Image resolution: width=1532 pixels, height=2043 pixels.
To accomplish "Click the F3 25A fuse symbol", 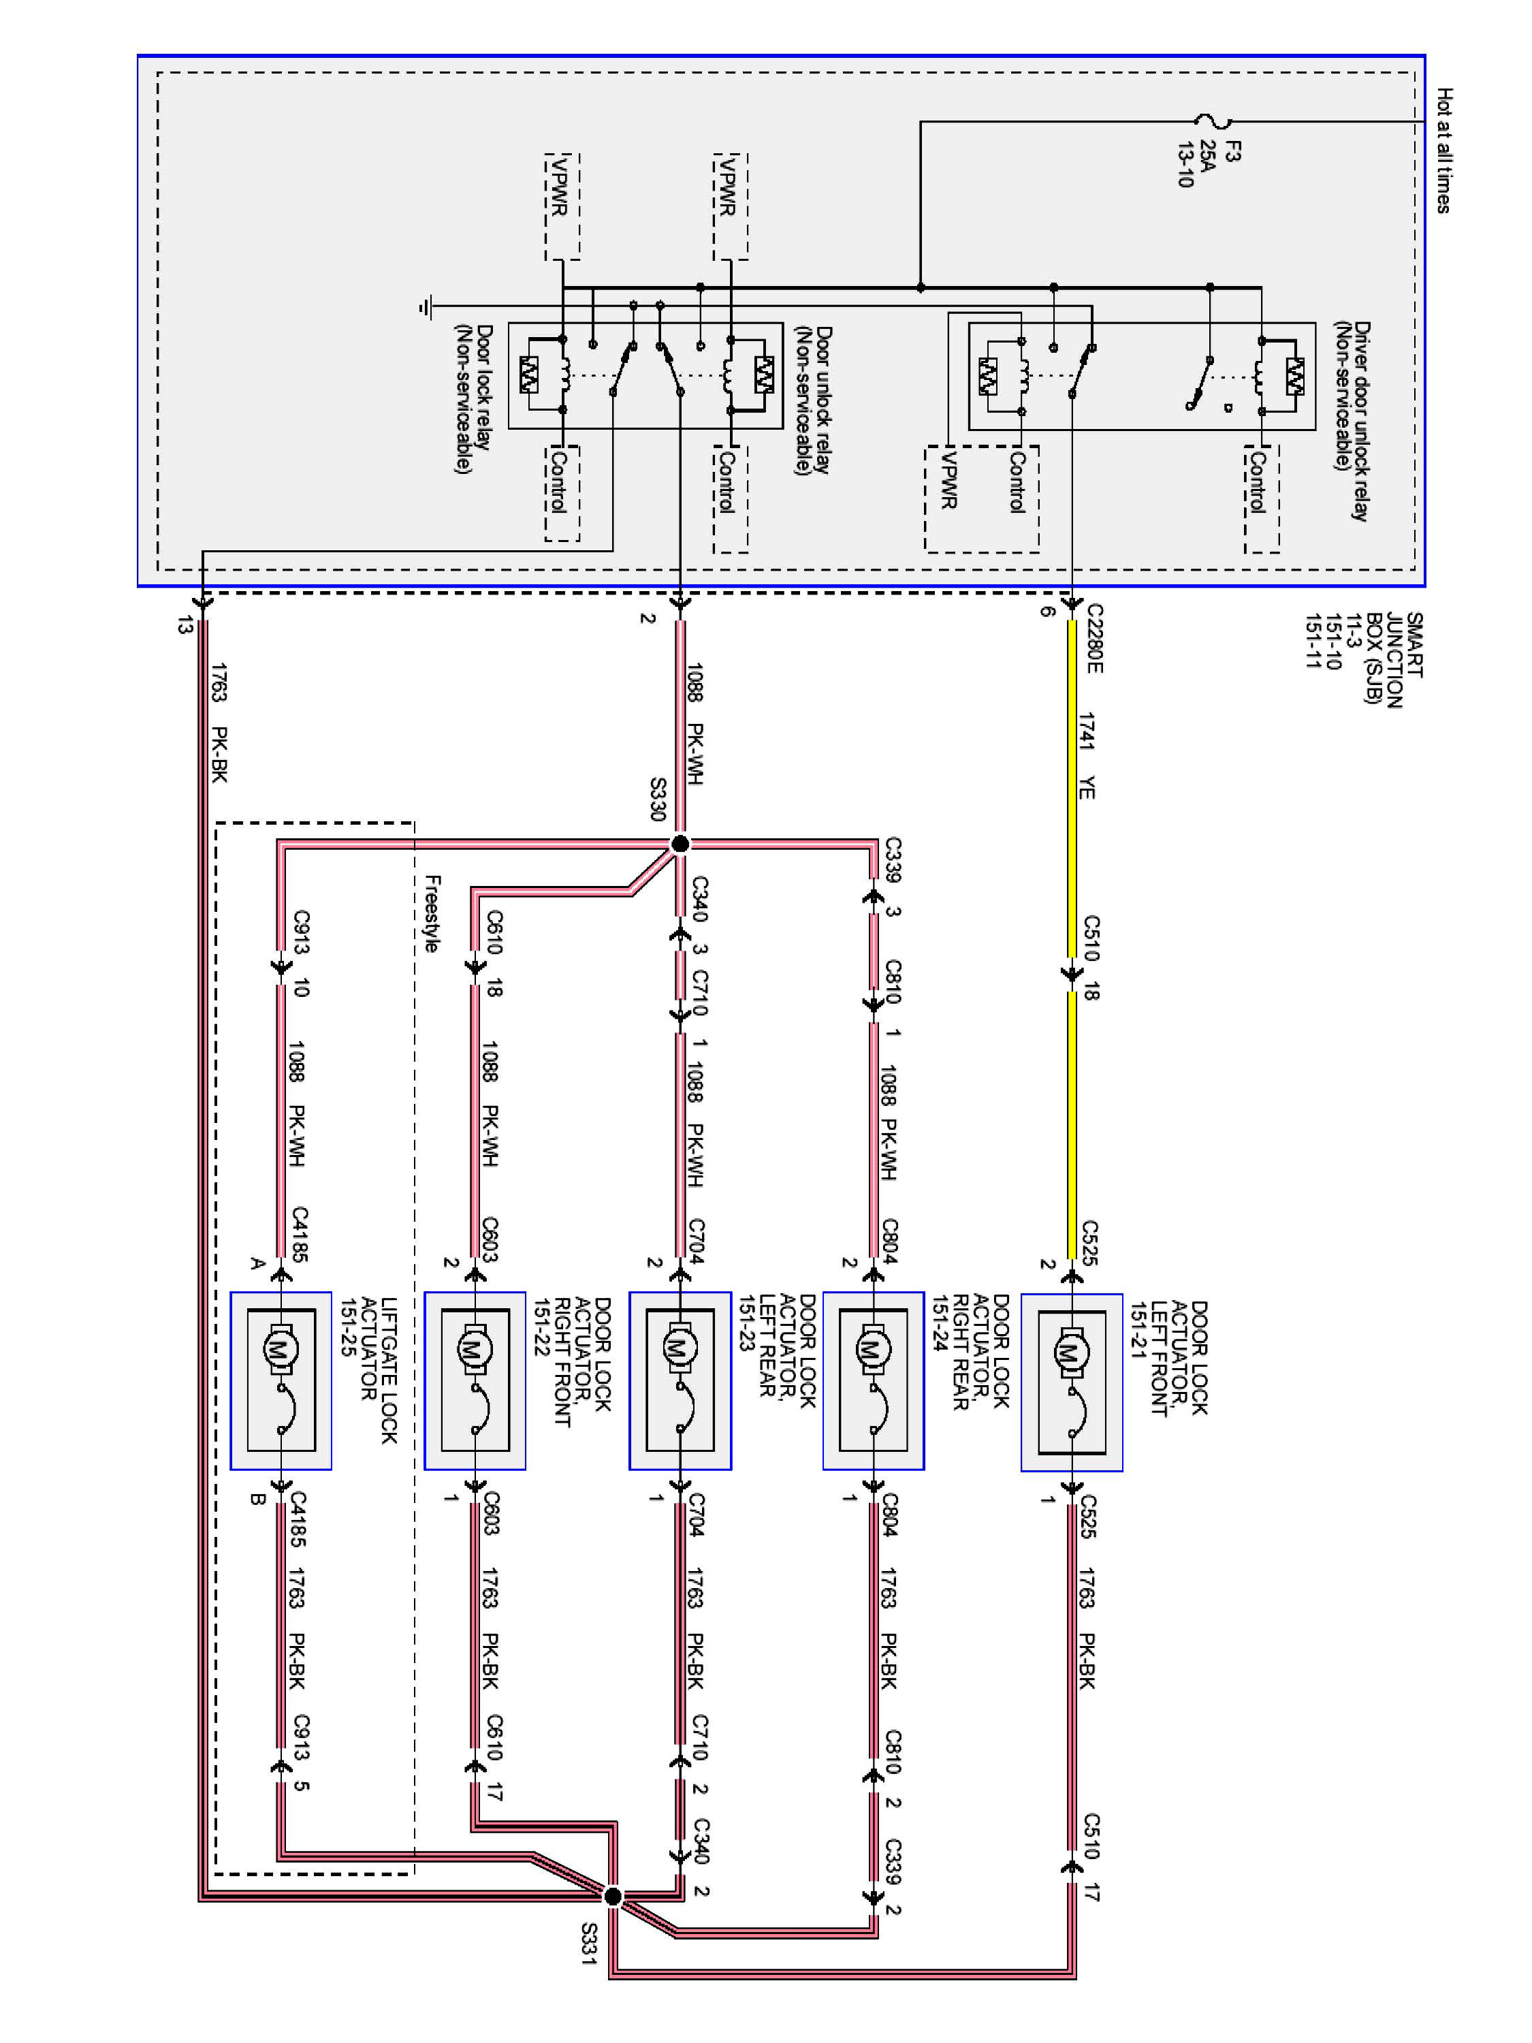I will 1213,121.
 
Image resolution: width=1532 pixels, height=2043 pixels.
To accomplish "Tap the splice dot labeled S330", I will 680,843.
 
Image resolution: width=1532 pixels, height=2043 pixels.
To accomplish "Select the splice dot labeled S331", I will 612,1896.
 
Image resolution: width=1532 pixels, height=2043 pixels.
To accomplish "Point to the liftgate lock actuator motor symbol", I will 278,1350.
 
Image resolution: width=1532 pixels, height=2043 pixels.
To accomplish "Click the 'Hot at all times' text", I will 1443,151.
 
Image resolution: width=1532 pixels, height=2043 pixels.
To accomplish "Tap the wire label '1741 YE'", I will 1087,755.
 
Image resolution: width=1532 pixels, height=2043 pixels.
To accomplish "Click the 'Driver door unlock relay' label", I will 1351,420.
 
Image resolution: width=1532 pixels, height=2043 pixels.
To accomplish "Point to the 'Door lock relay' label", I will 473,399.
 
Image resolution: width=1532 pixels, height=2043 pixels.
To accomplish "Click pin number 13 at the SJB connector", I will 185,625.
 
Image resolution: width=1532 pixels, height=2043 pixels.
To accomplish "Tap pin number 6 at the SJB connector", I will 1047,610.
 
